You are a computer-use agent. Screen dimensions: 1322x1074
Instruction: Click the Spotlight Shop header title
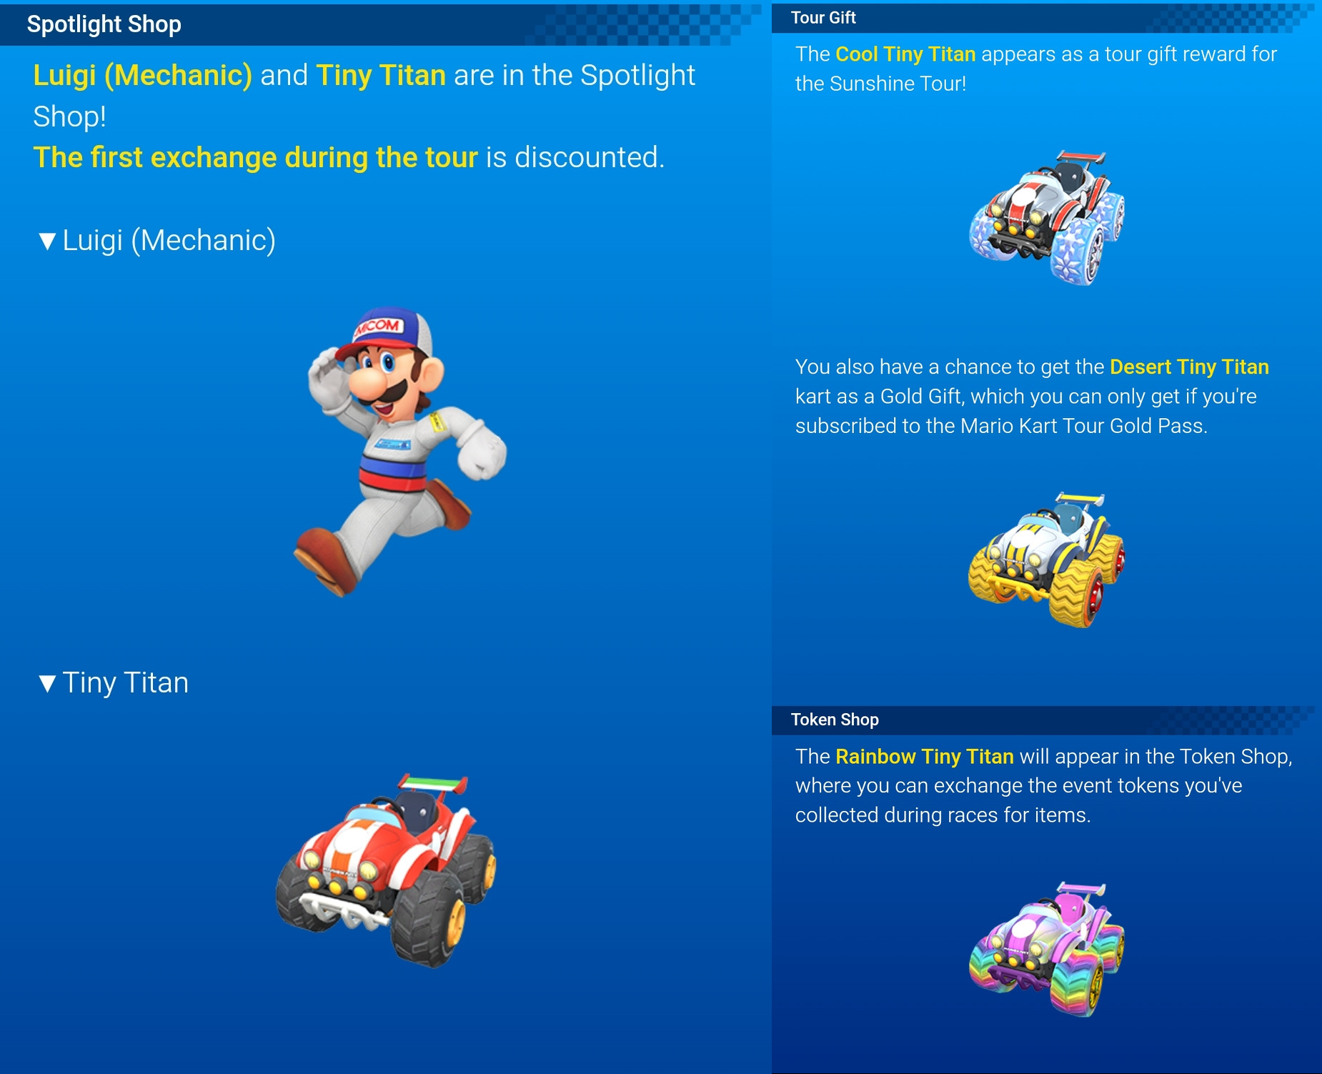104,24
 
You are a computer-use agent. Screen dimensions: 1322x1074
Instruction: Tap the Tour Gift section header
823,18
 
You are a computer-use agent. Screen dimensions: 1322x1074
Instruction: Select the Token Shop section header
835,720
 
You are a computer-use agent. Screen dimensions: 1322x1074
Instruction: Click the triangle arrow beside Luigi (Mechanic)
48,242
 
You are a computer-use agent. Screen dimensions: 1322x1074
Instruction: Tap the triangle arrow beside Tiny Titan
48,684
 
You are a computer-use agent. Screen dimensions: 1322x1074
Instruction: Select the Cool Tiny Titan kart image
1047,217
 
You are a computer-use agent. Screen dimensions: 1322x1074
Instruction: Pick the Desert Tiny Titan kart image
1047,560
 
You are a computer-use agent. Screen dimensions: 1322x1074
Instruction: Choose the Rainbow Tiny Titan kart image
1047,948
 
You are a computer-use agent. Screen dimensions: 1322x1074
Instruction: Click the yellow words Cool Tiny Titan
905,54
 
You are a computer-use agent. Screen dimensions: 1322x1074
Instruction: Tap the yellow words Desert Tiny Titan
1189,367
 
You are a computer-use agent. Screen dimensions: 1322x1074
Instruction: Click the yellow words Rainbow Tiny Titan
925,757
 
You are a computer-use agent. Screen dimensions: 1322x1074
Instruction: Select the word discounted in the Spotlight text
590,157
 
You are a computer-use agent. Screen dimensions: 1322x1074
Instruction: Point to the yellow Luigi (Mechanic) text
143,76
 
